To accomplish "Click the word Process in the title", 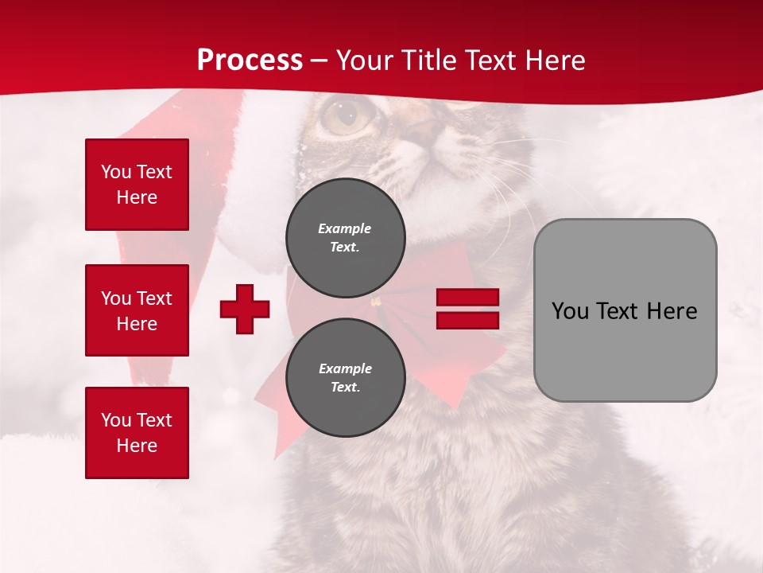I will click(x=250, y=60).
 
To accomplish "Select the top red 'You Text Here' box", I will click(x=137, y=185).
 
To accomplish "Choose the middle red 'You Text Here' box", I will click(x=137, y=310).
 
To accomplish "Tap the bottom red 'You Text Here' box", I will click(x=137, y=433).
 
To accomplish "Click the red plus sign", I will click(x=245, y=309).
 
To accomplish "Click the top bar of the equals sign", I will click(x=467, y=298).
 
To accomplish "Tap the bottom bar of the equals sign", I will click(x=467, y=320).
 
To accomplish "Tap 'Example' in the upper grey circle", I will click(x=345, y=228).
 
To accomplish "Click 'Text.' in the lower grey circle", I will click(x=345, y=388).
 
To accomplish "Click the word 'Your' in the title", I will click(x=362, y=60).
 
